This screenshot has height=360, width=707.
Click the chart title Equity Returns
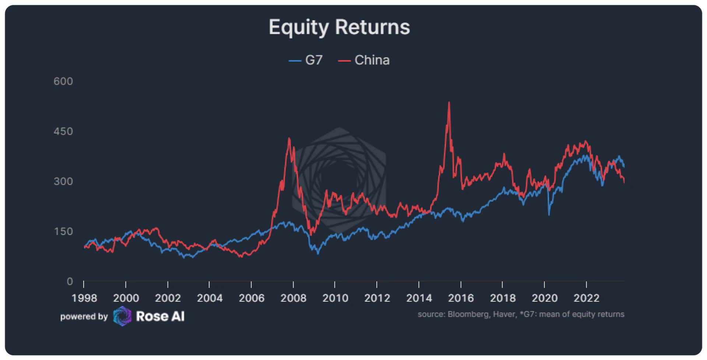339,27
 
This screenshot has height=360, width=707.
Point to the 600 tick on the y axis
63,81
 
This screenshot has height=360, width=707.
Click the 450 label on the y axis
63,131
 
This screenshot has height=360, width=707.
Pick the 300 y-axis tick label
63,181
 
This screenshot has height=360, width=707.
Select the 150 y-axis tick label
63,232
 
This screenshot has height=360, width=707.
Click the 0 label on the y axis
70,282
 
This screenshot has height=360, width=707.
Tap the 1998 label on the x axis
84,298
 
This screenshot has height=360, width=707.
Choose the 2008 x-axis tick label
293,298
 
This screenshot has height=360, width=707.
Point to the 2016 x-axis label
461,298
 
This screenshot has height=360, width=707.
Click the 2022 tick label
587,298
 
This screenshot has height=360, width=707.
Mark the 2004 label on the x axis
210,298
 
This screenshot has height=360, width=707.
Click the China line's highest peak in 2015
449,103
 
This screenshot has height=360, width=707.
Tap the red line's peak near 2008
289,139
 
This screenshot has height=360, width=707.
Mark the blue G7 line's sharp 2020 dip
549,215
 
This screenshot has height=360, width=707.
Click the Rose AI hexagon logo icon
122,316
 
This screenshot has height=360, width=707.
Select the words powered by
84,317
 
